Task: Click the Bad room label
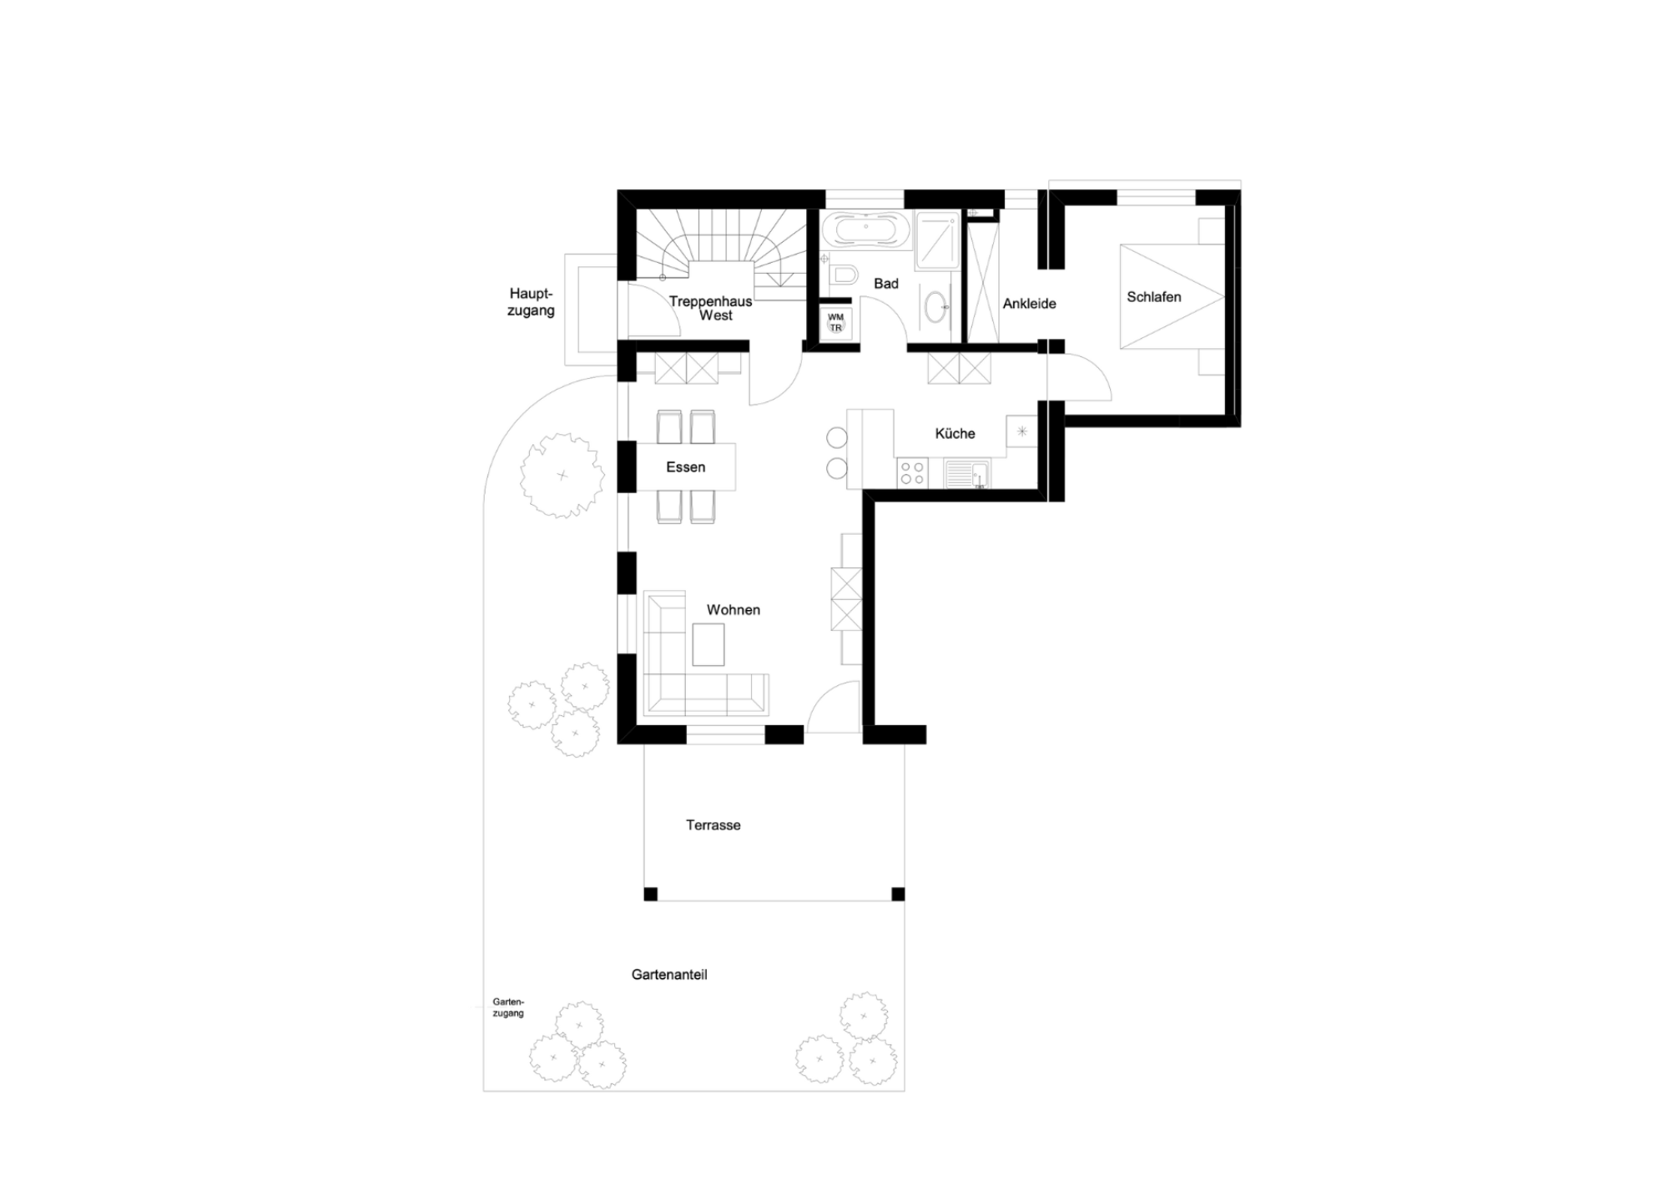coord(886,284)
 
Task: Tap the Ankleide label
coord(1029,304)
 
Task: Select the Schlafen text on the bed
coord(1153,297)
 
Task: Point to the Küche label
coord(955,433)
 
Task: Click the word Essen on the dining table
coord(685,467)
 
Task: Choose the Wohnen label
coord(733,610)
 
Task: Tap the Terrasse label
coord(713,825)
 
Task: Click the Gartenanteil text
coord(669,975)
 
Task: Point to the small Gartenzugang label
coord(508,1007)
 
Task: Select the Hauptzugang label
coord(531,302)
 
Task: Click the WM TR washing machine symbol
coord(835,322)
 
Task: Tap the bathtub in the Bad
coord(865,229)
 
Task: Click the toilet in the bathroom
coord(845,274)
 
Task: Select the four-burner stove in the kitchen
coord(912,474)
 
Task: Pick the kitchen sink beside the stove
coord(967,474)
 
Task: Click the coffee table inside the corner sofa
coord(708,645)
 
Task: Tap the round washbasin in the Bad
coord(938,308)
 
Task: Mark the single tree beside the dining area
coord(562,476)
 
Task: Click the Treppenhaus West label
coord(711,308)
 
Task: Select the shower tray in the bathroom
coord(938,240)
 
